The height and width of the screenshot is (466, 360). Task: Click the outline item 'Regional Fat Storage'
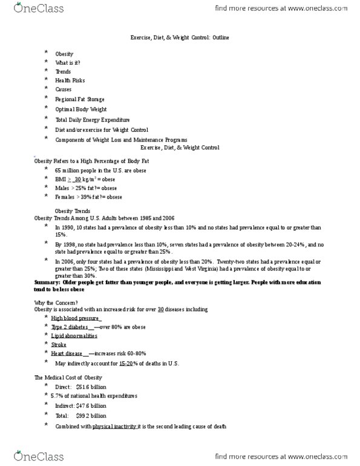pyautogui.click(x=80, y=99)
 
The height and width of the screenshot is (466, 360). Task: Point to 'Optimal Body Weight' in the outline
pyautogui.click(x=80, y=110)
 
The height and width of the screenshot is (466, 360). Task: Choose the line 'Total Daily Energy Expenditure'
pyautogui.click(x=93, y=120)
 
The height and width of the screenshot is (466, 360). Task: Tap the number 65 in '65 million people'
pyautogui.click(x=59, y=171)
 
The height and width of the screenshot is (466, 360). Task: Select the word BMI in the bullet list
pyautogui.click(x=60, y=180)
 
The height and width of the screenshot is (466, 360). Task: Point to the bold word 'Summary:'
pyautogui.click(x=48, y=283)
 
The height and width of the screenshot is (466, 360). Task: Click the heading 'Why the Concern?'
pyautogui.click(x=57, y=301)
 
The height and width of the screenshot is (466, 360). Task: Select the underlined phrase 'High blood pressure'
pyautogui.click(x=76, y=318)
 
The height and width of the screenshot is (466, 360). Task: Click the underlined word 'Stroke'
pyautogui.click(x=59, y=344)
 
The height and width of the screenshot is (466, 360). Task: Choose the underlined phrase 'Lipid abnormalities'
pyautogui.click(x=74, y=335)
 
